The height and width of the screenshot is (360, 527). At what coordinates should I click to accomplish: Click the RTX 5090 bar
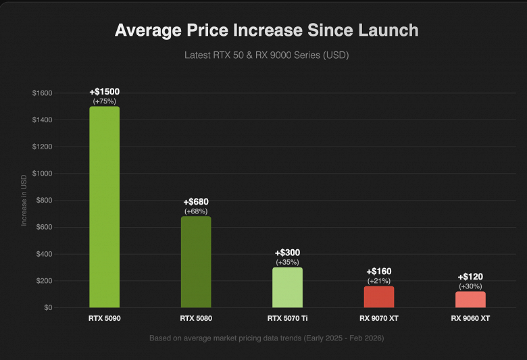click(x=104, y=207)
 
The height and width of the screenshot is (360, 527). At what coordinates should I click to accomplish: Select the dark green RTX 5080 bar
click(x=195, y=262)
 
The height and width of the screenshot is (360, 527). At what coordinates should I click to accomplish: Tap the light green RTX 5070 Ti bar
click(x=287, y=288)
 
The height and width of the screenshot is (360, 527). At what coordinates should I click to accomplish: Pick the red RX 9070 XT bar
click(x=378, y=297)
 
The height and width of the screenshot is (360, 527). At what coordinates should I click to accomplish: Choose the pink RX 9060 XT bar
click(x=470, y=299)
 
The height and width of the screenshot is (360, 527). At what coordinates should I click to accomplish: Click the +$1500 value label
click(x=104, y=92)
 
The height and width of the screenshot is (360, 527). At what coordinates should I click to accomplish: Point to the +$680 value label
click(x=195, y=202)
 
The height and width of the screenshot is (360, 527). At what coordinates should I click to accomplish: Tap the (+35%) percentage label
click(x=287, y=262)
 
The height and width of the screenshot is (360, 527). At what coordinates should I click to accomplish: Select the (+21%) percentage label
click(x=378, y=281)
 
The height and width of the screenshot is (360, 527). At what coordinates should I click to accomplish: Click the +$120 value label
click(x=470, y=277)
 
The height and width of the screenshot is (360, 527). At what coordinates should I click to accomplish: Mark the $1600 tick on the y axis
click(x=42, y=93)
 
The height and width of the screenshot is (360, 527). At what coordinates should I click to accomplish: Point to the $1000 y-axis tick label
click(x=42, y=174)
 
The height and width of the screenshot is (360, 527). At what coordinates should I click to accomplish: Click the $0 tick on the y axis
click(x=47, y=308)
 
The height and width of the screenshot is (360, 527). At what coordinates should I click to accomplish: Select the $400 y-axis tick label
click(x=44, y=254)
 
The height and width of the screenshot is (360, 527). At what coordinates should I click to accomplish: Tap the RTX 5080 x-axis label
click(x=195, y=317)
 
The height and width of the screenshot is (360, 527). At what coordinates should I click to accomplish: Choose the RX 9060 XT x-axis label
click(x=470, y=317)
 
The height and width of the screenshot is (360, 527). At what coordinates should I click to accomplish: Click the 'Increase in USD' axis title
click(x=24, y=200)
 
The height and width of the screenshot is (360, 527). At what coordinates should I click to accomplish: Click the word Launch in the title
click(x=384, y=30)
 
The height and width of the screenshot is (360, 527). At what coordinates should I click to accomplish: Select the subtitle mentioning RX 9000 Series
click(x=266, y=55)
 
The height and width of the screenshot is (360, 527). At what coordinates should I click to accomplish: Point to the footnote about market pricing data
click(x=266, y=338)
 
